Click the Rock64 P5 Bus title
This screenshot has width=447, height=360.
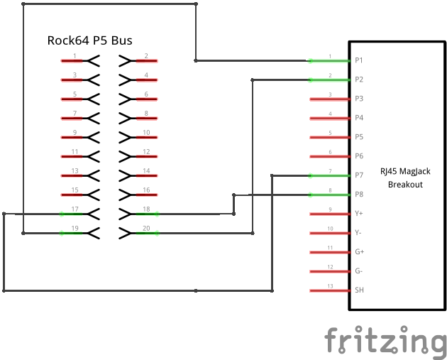tap(89, 40)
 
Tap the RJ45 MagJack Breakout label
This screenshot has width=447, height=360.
tap(404, 178)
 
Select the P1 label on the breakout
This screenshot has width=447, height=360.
tap(359, 60)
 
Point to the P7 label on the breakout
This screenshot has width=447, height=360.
tap(359, 175)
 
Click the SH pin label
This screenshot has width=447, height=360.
tap(359, 290)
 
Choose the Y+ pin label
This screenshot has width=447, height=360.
tap(359, 214)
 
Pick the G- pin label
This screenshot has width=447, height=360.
tap(359, 271)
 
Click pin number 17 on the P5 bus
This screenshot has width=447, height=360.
tap(74, 209)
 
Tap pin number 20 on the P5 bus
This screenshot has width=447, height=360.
tap(146, 228)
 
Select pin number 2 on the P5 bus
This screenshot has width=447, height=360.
tap(146, 56)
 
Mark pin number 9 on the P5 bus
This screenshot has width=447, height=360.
tap(74, 133)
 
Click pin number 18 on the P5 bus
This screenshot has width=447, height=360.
tap(146, 209)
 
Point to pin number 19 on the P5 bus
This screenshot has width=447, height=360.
tap(74, 228)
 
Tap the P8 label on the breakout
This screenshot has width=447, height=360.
tap(359, 195)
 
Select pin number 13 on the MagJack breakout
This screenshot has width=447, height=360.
tap(330, 286)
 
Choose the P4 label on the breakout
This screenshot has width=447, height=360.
tap(359, 118)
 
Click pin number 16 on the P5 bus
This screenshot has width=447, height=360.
tap(146, 190)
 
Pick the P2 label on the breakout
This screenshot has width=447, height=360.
tap(359, 80)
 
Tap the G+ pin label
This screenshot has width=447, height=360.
tap(359, 252)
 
